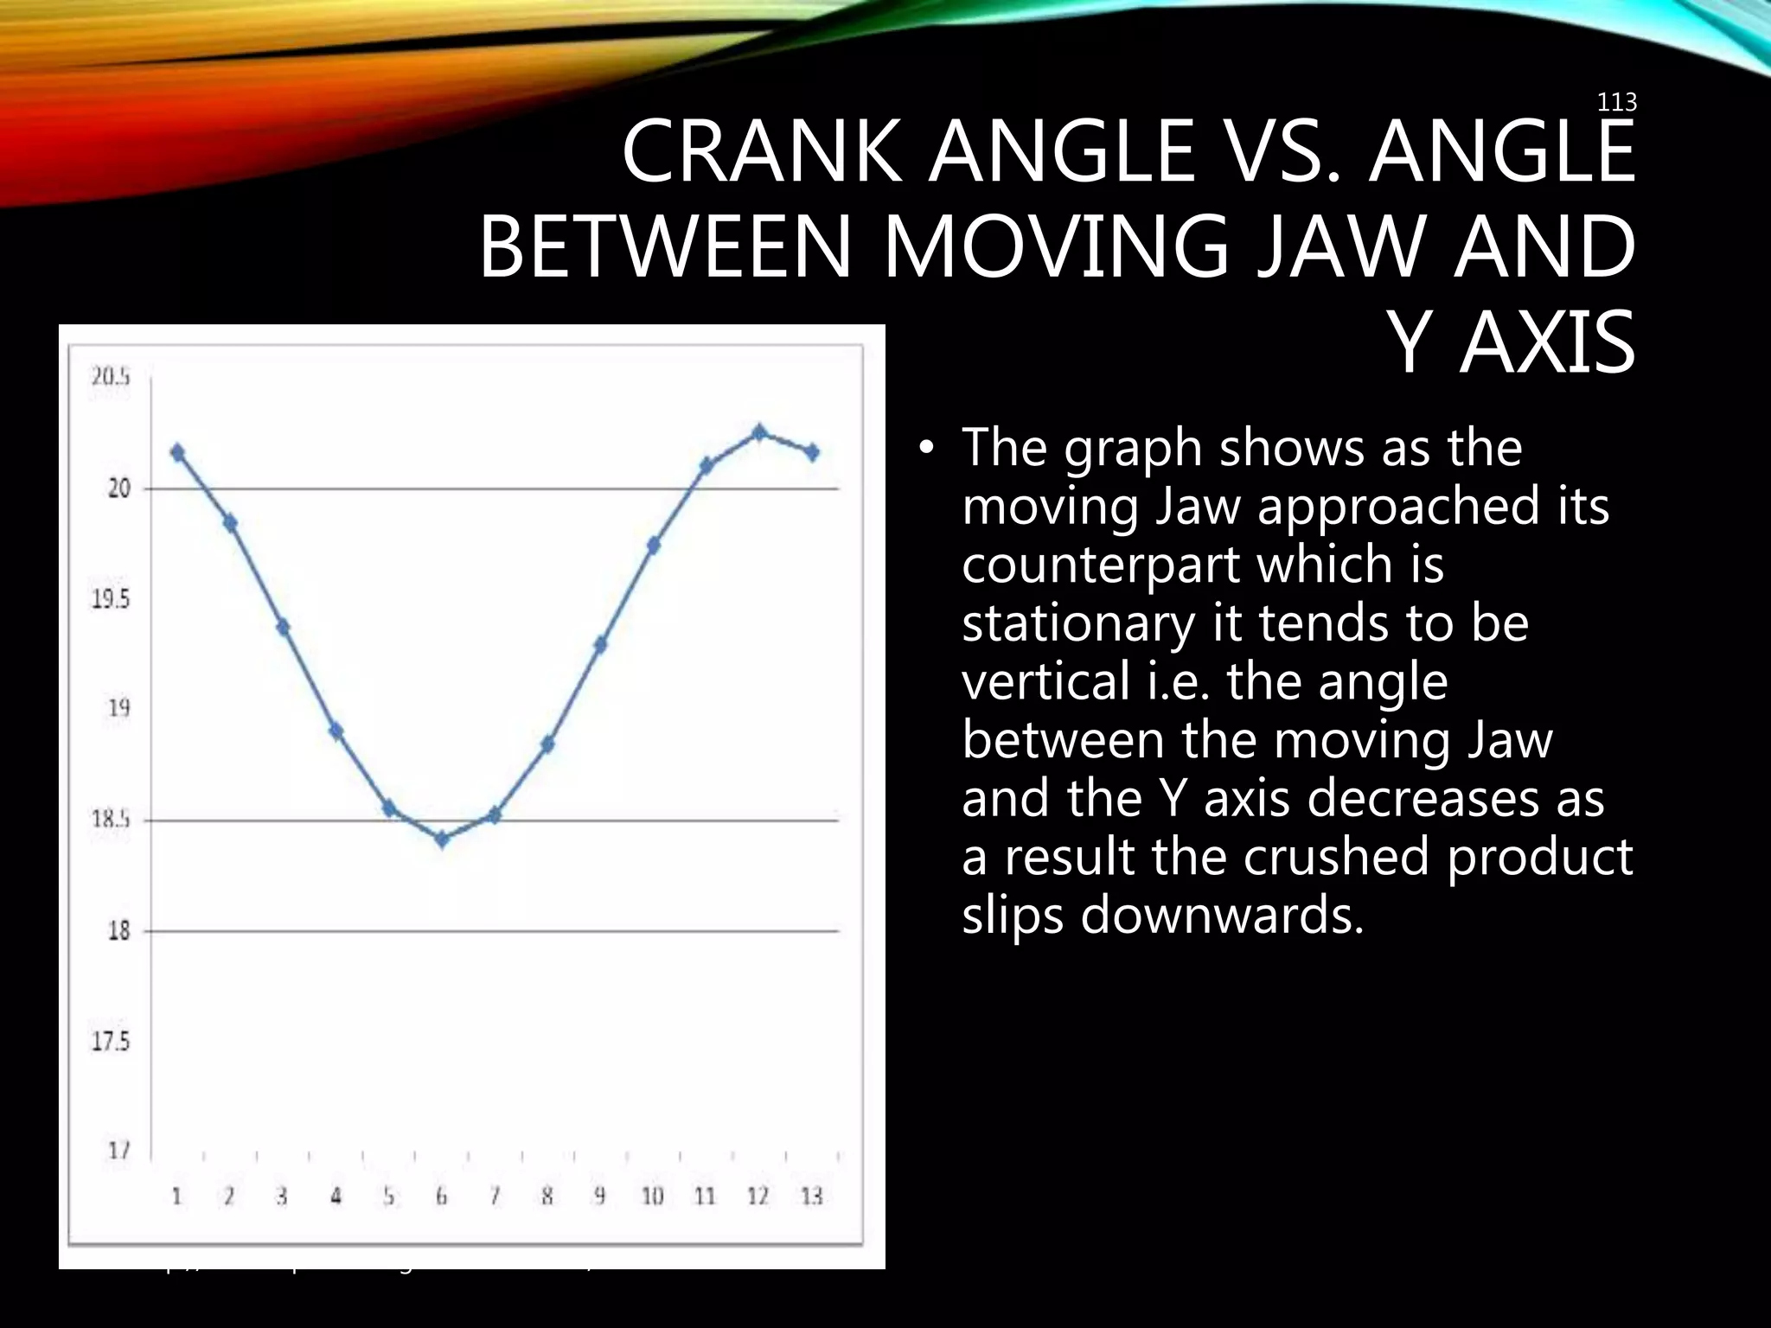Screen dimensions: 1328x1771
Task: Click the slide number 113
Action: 1616,104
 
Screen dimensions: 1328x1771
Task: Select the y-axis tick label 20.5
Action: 112,378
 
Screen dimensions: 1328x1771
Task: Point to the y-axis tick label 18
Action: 118,932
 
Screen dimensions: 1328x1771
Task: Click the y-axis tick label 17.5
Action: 112,1042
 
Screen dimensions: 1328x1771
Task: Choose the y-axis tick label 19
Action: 118,709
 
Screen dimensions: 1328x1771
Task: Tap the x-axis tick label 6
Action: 441,1197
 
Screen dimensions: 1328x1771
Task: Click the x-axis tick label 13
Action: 811,1197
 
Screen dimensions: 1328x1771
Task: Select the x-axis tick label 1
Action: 177,1197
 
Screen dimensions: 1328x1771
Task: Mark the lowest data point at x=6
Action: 442,840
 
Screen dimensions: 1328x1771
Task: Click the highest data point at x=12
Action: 759,432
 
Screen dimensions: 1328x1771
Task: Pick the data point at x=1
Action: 178,452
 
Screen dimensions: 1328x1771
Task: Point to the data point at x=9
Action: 600,644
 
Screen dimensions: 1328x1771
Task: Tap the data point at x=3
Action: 283,627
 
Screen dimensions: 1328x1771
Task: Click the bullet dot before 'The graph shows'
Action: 928,448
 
